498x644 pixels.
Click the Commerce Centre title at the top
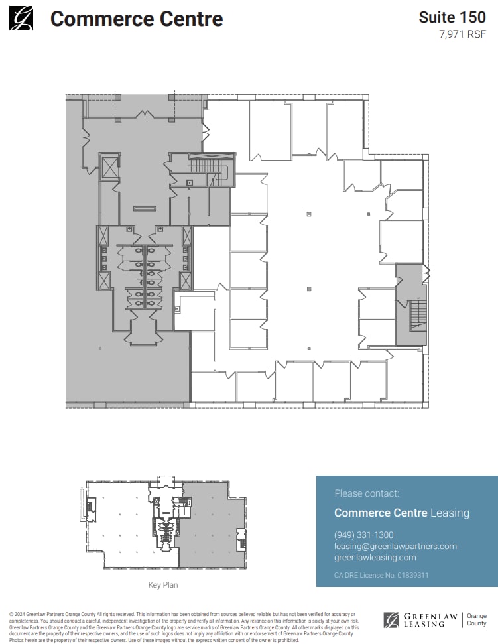[x=137, y=19]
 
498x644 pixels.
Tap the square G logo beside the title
[x=21, y=17]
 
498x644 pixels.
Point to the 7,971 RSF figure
[x=462, y=34]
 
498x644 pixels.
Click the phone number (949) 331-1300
[x=363, y=535]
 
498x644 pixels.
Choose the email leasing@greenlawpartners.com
[x=395, y=546]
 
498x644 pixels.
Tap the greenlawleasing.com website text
[x=375, y=558]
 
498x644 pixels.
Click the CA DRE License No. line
[x=381, y=575]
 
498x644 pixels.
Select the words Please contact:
[x=367, y=493]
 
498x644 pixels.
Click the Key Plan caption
[x=162, y=585]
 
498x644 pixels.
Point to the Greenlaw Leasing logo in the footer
[x=420, y=620]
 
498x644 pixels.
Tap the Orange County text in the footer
[x=477, y=619]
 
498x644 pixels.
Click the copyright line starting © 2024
[x=182, y=615]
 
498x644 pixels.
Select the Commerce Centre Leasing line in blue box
[x=401, y=513]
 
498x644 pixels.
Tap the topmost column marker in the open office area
[x=309, y=214]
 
